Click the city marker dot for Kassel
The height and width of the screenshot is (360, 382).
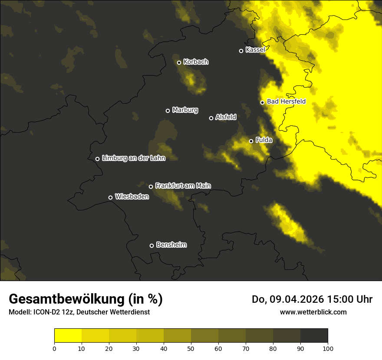point(241,51)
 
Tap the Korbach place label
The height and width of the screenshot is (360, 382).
point(196,62)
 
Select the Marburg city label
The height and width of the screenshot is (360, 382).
point(185,110)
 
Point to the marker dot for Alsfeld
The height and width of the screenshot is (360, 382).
point(211,118)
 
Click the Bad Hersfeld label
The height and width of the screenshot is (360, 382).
point(286,102)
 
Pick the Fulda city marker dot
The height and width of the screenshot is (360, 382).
point(251,141)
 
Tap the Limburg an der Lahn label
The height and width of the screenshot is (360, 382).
point(133,158)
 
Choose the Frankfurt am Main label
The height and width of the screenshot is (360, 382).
point(183,186)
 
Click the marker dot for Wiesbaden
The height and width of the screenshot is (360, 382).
point(110,197)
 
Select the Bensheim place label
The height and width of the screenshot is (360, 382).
point(171,245)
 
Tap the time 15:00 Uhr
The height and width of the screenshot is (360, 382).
point(351,299)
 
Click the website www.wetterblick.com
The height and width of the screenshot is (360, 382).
point(313,312)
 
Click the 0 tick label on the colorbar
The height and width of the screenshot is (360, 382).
point(54,348)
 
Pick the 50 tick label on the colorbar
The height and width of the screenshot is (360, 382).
point(191,348)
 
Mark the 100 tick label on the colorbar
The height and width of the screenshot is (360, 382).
point(328,348)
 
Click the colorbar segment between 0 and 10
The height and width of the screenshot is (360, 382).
point(68,336)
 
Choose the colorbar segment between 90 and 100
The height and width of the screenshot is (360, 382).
point(314,336)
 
